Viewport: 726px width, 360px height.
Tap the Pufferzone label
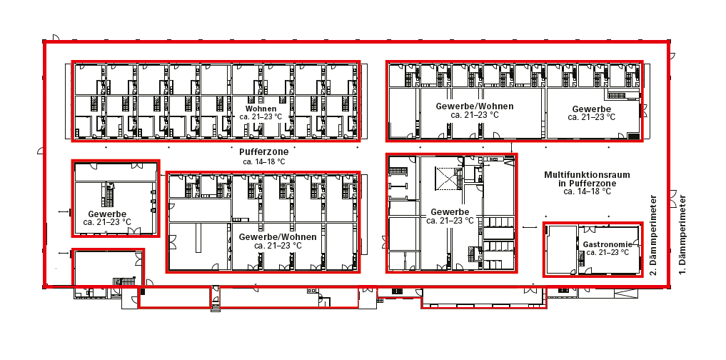point(263,152)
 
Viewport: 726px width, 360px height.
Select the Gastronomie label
point(607,244)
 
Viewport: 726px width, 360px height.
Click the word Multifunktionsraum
point(587,174)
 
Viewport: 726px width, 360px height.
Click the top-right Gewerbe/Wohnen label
point(475,106)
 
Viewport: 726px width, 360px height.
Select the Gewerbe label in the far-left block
point(107,214)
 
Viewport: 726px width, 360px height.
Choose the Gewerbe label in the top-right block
point(592,109)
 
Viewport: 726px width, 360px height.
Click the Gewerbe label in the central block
point(450,212)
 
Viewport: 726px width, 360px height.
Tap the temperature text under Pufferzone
point(263,161)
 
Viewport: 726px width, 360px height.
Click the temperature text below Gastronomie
point(607,252)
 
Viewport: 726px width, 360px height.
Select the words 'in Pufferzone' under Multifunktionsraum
point(587,183)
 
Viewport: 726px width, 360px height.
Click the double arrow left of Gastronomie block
point(529,226)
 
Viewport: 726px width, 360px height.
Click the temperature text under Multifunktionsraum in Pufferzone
point(587,191)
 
